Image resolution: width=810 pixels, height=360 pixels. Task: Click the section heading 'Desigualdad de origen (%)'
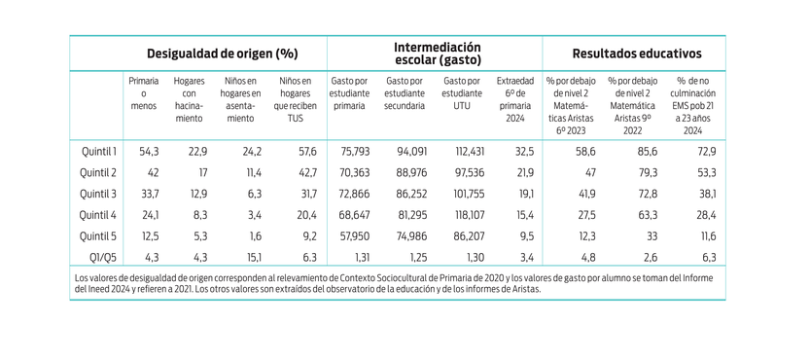[222, 54]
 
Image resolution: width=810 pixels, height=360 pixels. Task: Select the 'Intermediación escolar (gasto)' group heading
[437, 54]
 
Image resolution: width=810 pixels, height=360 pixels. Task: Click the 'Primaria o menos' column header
[143, 93]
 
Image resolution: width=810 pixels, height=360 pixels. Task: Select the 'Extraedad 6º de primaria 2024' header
[514, 99]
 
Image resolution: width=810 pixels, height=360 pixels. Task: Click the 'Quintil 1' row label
[98, 151]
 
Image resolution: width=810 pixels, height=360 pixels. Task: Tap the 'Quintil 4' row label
[98, 214]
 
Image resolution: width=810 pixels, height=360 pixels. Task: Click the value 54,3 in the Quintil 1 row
[150, 151]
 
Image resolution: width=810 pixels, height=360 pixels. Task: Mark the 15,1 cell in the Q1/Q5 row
[250, 257]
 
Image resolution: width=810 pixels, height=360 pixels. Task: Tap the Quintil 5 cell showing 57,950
[351, 235]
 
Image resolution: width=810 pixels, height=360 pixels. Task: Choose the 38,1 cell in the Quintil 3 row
[706, 194]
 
